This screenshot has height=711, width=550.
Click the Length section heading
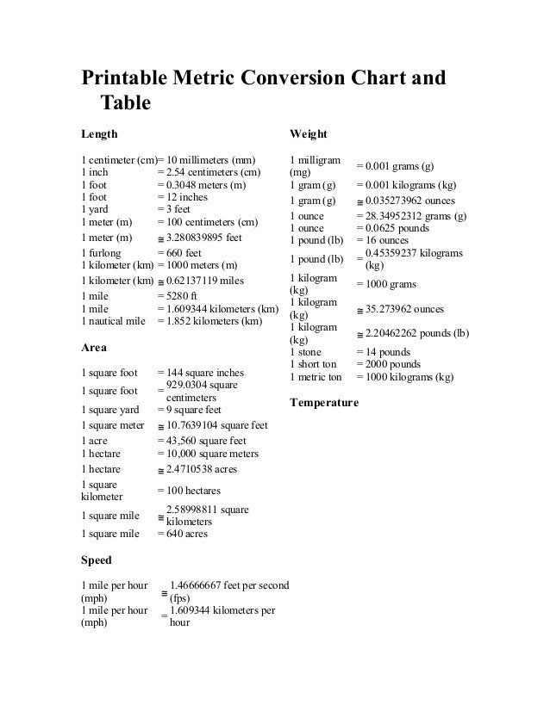click(x=99, y=134)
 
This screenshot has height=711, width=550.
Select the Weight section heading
click(x=309, y=134)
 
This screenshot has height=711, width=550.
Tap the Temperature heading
click(x=324, y=402)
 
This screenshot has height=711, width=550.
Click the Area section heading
click(x=94, y=348)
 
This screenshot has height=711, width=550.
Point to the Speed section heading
click(x=97, y=560)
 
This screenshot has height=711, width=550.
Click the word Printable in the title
click(x=130, y=78)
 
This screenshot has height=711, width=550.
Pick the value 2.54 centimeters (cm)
click(x=213, y=172)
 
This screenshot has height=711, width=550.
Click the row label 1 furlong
click(x=103, y=253)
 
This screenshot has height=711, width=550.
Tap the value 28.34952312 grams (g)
click(x=416, y=215)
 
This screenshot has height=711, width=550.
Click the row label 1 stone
click(x=306, y=352)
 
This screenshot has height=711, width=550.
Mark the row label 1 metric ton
click(x=316, y=376)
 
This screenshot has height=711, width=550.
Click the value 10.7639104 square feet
click(x=216, y=425)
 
